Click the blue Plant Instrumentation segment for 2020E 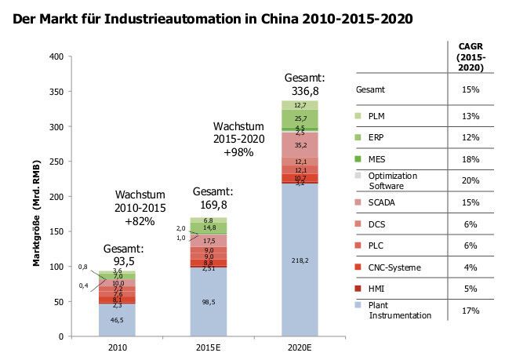[x=299, y=260]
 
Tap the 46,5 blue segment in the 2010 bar [x=116, y=320]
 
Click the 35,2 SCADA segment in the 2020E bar [x=299, y=144]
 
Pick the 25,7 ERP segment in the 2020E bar [x=299, y=118]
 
